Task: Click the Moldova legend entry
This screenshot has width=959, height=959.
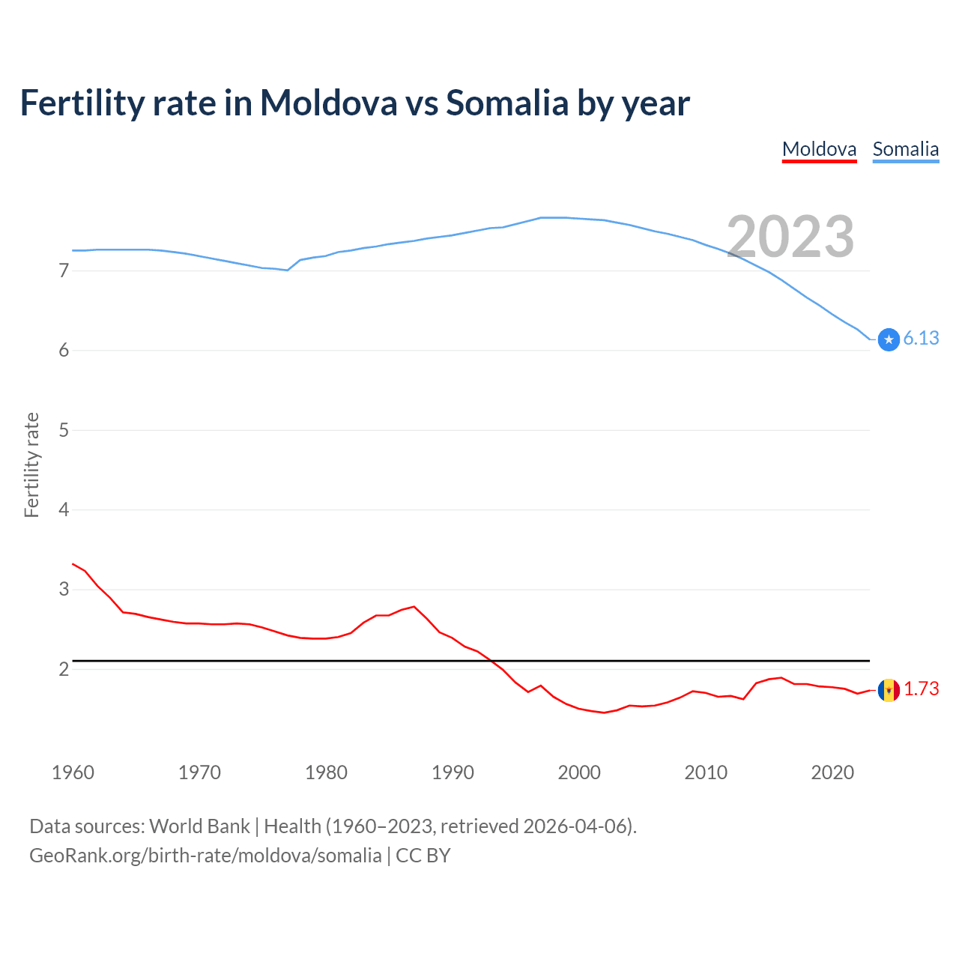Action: (819, 149)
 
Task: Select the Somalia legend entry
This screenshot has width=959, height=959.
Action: (905, 149)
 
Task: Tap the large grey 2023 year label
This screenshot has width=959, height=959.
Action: (790, 237)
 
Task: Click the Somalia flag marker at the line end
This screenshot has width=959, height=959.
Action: (889, 339)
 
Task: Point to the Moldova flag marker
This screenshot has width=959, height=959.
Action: (889, 690)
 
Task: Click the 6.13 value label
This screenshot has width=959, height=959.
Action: (921, 339)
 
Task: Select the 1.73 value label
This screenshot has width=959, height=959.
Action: (921, 689)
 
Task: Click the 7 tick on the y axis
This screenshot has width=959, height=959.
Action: (64, 270)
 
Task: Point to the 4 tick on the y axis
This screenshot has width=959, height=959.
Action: (64, 509)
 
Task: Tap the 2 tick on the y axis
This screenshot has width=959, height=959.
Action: (64, 669)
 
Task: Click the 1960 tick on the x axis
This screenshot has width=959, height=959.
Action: (73, 772)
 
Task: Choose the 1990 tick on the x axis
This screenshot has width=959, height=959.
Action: (453, 772)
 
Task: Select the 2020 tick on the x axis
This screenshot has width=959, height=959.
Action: (832, 772)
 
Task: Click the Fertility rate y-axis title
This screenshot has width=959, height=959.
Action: (31, 465)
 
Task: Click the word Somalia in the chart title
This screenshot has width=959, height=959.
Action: (507, 103)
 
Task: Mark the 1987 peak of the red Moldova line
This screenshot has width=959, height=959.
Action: (414, 606)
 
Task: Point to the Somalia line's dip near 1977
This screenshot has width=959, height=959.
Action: (288, 270)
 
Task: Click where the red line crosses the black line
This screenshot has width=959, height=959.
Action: (491, 661)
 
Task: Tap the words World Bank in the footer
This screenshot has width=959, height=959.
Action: (199, 826)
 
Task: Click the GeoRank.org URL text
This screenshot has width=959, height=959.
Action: (205, 856)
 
